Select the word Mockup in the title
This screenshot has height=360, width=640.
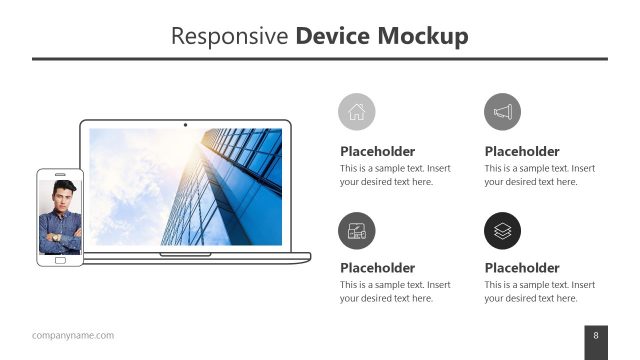point(423,37)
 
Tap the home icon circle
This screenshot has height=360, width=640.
point(357,112)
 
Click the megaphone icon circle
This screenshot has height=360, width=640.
point(502,112)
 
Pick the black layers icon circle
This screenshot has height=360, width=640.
point(502,231)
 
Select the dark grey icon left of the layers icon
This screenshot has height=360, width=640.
point(357,231)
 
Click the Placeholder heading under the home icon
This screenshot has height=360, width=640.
point(377,152)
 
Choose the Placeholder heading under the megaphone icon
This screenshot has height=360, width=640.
point(522,152)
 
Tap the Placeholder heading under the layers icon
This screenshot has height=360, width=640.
point(522,268)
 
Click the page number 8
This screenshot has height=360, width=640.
point(596,335)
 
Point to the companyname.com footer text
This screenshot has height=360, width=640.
point(73,335)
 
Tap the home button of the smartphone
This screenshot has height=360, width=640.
point(60,260)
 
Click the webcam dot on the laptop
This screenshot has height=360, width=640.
point(185,125)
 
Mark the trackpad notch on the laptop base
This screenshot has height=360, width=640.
point(184,255)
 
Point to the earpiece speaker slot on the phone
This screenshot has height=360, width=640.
point(60,174)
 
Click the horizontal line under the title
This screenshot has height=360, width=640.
point(320,59)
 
